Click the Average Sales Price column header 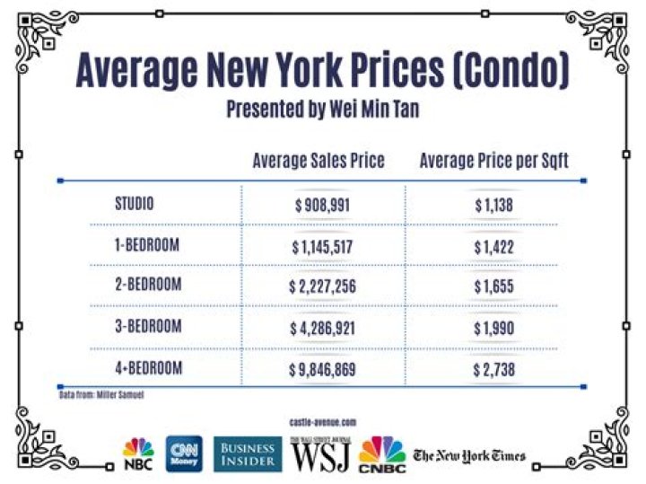click(319, 161)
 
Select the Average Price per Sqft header click(493, 161)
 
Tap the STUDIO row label click(135, 204)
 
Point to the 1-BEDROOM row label click(148, 244)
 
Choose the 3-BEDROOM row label click(148, 327)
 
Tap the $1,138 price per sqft click(494, 205)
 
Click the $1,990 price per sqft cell click(494, 328)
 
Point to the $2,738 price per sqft click(494, 369)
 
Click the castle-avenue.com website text click(323, 421)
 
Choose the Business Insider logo click(248, 454)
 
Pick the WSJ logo click(323, 454)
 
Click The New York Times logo click(469, 455)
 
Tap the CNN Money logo click(185, 454)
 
